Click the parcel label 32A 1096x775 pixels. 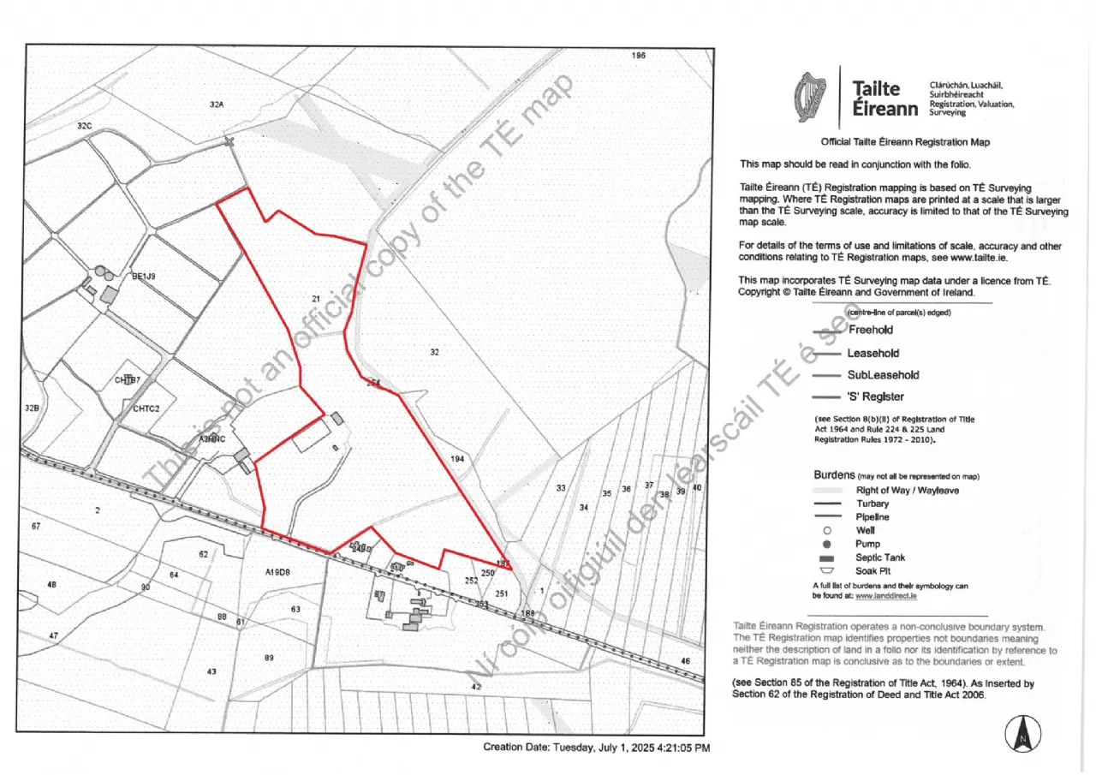coord(216,104)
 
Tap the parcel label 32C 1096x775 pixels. coord(84,126)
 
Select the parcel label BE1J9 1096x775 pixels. coord(143,277)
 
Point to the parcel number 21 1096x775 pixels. coord(315,298)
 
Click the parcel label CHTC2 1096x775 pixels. coord(146,408)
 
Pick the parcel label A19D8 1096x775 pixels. coord(278,571)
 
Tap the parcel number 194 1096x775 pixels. coord(457,460)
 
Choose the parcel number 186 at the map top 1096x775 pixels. coord(638,56)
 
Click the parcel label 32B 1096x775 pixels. coord(33,408)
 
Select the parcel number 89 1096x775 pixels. coord(269,658)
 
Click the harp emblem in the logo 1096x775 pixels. coord(810,97)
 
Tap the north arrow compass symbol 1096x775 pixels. coord(1022,734)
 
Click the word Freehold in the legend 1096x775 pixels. coord(870,330)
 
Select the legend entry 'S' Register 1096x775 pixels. coord(875,396)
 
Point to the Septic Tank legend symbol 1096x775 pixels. coord(827,557)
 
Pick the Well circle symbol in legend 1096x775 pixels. coord(827,531)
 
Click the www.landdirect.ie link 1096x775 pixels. coord(886,596)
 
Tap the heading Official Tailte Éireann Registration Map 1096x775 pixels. coord(905,142)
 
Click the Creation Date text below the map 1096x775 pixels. coord(596,748)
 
